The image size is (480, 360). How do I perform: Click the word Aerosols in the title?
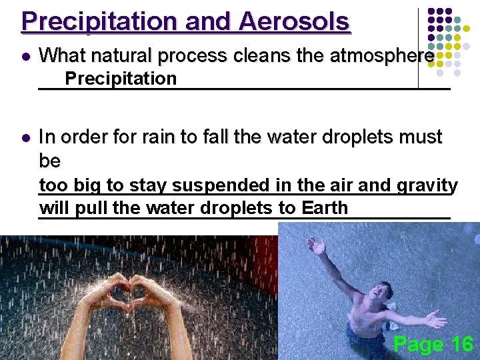coord(293,21)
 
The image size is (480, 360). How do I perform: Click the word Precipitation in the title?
coord(100,21)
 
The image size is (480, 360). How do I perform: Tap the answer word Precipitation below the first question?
coord(121,79)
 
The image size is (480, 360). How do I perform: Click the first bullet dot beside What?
coord(25,57)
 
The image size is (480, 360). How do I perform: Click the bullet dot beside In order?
coord(25,137)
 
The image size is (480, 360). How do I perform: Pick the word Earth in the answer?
coord(325,207)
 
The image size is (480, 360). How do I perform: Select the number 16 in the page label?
coord(461,344)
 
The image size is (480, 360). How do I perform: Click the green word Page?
coord(419,345)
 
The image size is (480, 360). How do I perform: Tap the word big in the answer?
coord(88,185)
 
